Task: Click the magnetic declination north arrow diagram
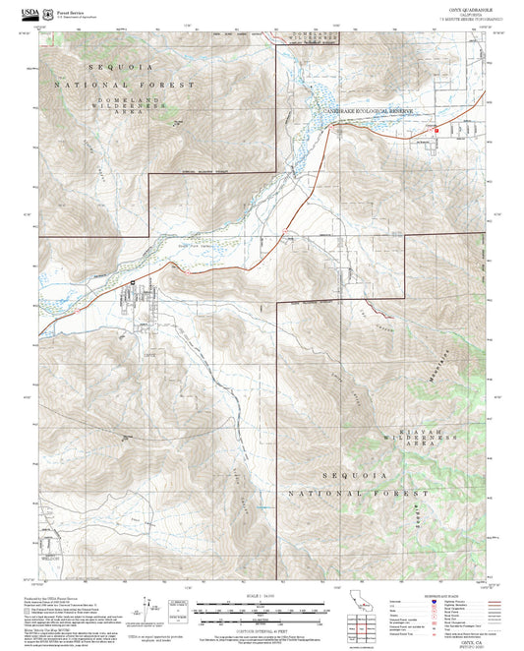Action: point(149,608)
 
